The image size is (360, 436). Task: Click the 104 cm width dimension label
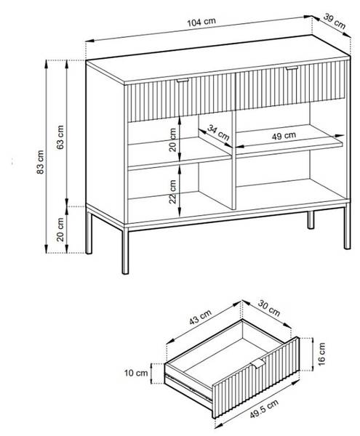tap(201, 22)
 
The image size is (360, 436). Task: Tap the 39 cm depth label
tap(335, 21)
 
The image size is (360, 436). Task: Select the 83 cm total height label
tap(40, 162)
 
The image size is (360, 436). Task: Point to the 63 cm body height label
tap(60, 137)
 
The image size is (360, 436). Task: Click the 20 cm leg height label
tap(60, 230)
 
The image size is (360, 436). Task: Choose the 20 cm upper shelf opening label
tap(173, 140)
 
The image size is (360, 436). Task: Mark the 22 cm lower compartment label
tap(173, 192)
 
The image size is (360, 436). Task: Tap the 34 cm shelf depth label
tap(218, 133)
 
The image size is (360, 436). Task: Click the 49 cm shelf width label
tap(284, 136)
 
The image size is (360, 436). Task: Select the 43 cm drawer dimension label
tap(200, 317)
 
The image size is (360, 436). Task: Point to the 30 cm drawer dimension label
tap(269, 308)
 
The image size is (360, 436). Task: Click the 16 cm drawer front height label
tap(321, 354)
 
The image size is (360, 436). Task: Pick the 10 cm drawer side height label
tap(136, 373)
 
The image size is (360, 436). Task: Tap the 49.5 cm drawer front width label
tap(264, 409)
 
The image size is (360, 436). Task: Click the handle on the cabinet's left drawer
tap(183, 81)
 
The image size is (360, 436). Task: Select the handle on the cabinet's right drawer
tap(292, 68)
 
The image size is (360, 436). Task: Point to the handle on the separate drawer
tap(258, 363)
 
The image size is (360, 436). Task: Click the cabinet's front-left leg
tap(126, 251)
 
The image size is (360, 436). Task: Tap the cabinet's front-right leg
tap(347, 226)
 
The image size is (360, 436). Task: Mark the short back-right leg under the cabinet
tap(311, 220)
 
